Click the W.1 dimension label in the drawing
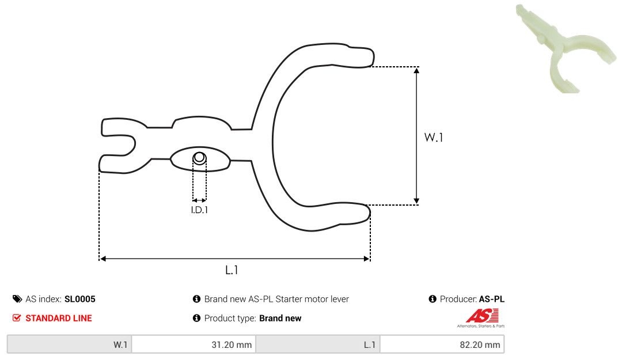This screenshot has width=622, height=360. (433, 137)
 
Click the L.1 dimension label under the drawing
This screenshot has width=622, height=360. (232, 270)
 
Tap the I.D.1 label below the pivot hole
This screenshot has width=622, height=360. (199, 210)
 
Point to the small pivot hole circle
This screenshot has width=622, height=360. (199, 158)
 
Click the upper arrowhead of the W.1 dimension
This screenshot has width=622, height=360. (416, 71)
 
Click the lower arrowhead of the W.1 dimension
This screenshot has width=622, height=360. (416, 201)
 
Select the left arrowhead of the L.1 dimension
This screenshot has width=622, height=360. (103, 259)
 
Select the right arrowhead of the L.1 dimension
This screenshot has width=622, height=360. (366, 259)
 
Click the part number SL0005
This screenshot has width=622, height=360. (79, 300)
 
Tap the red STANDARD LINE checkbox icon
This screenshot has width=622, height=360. (17, 318)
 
